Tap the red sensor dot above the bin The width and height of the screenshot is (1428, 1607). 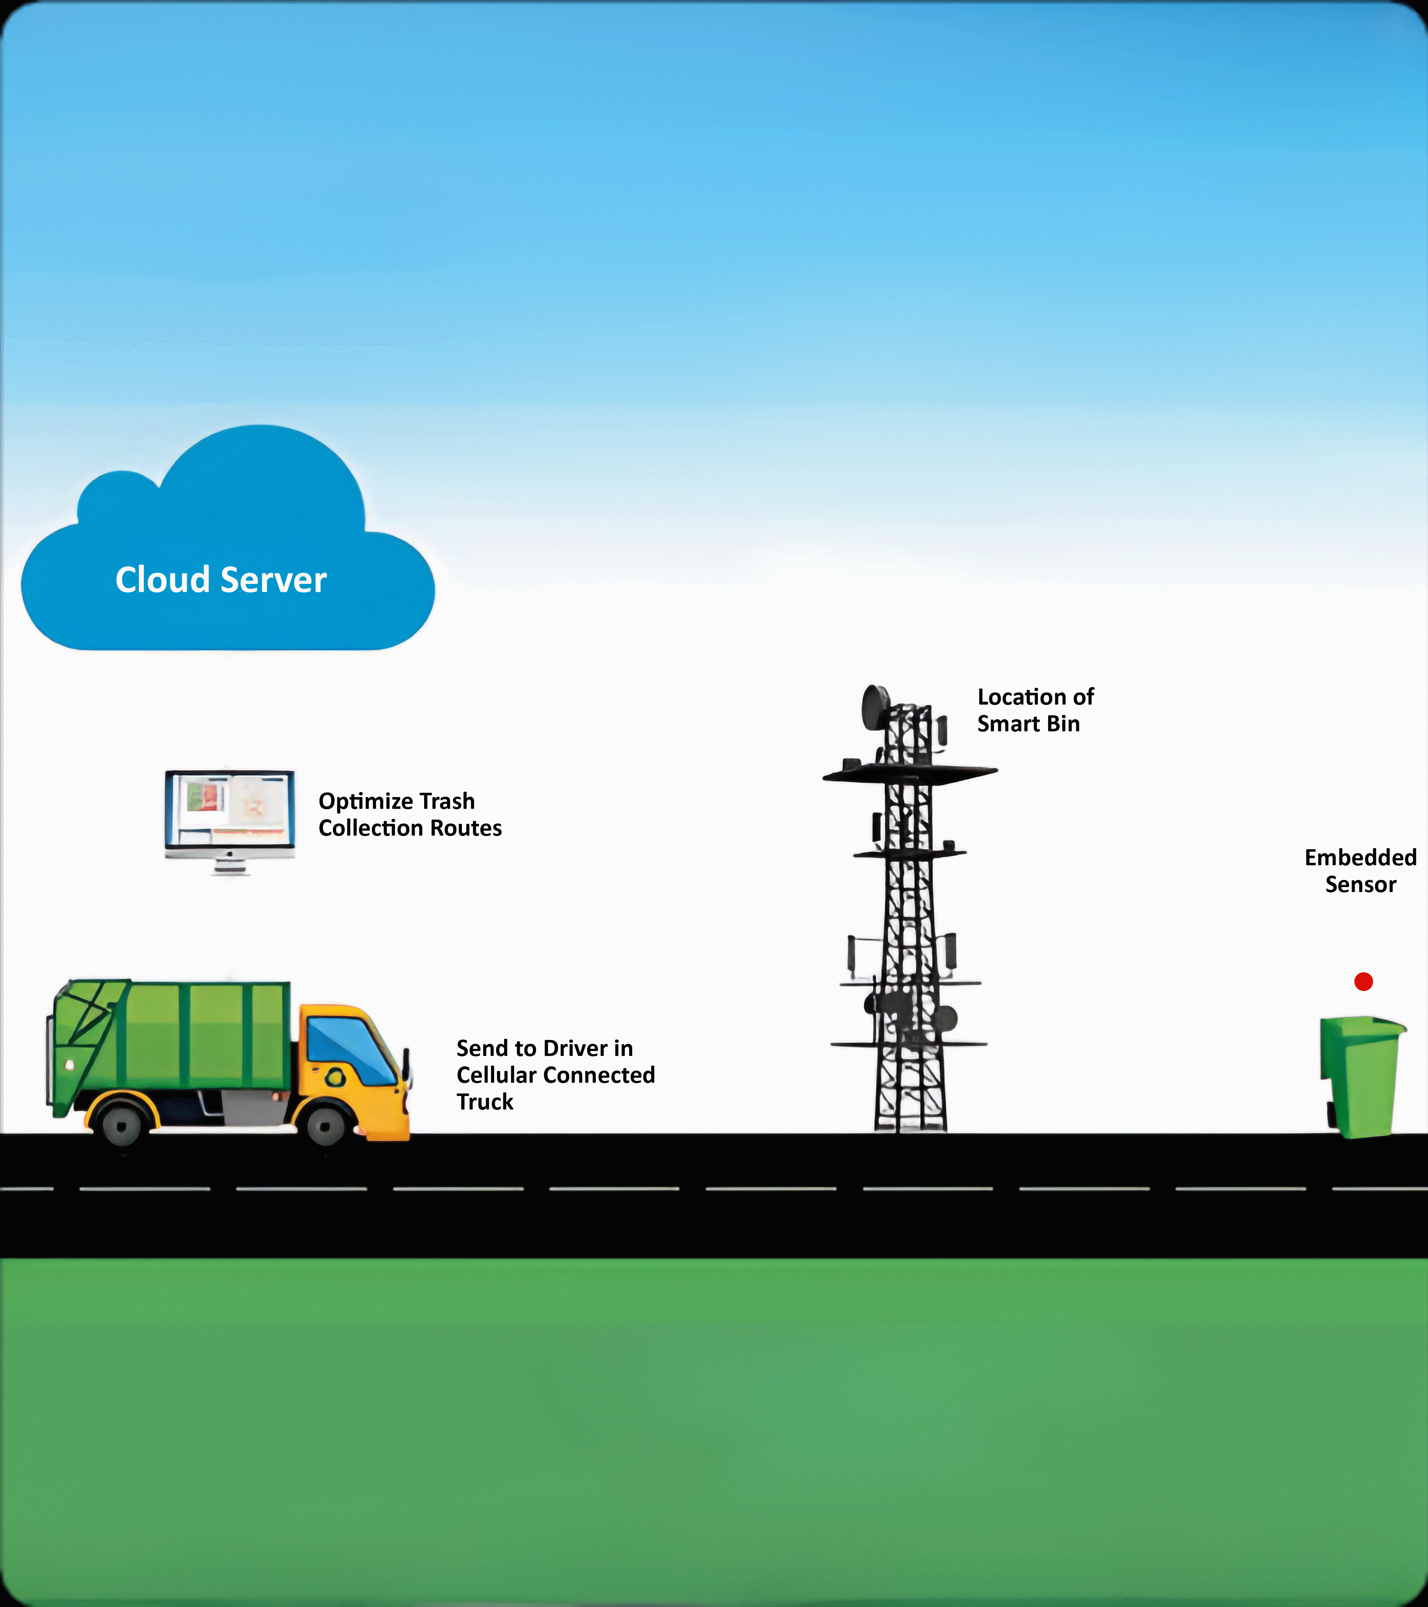pos(1363,981)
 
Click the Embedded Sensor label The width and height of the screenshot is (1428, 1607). pos(1361,870)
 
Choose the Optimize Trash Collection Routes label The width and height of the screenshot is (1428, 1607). pos(409,815)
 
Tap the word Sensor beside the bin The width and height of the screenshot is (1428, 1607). pos(1361,885)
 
